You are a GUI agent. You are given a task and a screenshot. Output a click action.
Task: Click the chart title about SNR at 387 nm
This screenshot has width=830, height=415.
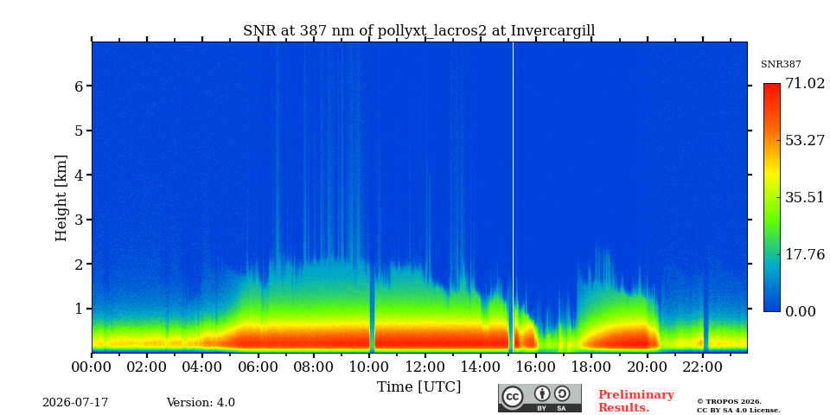[x=418, y=31]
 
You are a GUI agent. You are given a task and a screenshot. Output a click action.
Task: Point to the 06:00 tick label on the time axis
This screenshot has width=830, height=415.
[x=258, y=367]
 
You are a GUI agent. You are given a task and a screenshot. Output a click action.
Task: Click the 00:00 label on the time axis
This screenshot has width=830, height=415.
[x=92, y=367]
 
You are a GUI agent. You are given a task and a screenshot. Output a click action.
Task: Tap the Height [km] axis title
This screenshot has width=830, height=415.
[x=61, y=198]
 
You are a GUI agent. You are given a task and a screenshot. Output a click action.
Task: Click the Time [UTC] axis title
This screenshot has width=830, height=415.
[x=418, y=387]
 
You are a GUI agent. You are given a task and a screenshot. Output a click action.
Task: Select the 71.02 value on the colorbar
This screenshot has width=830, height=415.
[x=805, y=84]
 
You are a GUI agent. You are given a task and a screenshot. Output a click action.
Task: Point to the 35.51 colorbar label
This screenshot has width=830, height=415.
[x=805, y=197]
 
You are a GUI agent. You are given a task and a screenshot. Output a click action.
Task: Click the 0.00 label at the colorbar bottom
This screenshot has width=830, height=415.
[x=801, y=311]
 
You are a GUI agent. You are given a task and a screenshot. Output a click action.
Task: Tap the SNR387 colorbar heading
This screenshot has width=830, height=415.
[x=781, y=65]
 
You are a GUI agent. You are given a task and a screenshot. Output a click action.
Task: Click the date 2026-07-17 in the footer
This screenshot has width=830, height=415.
[x=75, y=403]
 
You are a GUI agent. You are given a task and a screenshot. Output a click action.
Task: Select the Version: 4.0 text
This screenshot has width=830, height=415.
[x=201, y=403]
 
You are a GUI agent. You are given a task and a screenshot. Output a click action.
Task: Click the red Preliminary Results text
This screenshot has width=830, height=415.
[x=635, y=401]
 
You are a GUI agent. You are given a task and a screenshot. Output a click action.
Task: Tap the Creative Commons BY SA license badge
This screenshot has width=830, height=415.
[x=539, y=398]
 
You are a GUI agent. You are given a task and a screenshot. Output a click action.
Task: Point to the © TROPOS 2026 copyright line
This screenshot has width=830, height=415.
[x=729, y=402]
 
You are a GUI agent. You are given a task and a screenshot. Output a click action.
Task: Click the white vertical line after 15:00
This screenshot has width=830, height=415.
[x=513, y=197]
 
